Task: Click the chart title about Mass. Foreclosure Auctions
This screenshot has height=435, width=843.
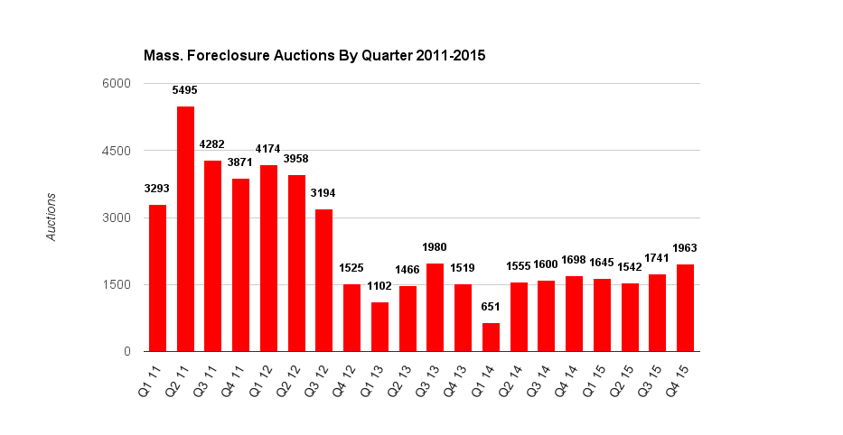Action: tap(314, 56)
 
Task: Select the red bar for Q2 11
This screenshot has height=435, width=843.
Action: tap(185, 228)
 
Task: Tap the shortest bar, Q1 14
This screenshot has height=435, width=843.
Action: tap(491, 337)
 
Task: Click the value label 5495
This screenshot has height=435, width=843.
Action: tap(185, 90)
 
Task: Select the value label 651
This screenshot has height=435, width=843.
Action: tap(491, 307)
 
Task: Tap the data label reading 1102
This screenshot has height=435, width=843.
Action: tap(379, 286)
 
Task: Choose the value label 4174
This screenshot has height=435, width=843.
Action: tap(268, 149)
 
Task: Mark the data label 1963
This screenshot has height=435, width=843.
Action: tap(685, 247)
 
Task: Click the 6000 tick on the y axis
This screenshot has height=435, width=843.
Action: tap(119, 84)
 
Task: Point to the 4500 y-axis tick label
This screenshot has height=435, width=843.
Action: tap(119, 151)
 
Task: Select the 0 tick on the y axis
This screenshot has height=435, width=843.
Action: tap(128, 351)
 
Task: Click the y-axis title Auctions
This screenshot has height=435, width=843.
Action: tap(52, 217)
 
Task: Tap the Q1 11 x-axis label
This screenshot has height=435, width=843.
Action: tap(155, 379)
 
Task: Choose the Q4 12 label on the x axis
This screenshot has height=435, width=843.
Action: tap(349, 379)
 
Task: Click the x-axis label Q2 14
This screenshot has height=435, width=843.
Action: tap(515, 379)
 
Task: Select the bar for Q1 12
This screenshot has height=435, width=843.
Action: tap(268, 258)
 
